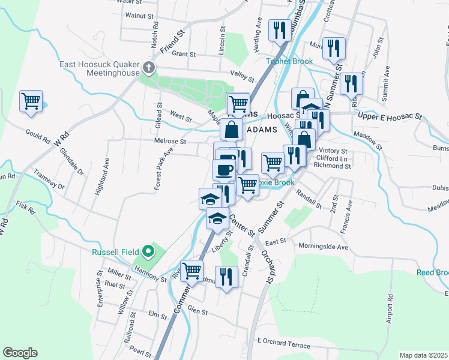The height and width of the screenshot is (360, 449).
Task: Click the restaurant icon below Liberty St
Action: click(x=226, y=277)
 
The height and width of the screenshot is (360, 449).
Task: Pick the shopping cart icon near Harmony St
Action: click(x=191, y=270)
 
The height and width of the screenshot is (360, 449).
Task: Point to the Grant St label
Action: click(x=184, y=54)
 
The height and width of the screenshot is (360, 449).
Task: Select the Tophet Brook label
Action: click(x=291, y=61)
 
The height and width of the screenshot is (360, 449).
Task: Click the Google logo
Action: click(x=20, y=353)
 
